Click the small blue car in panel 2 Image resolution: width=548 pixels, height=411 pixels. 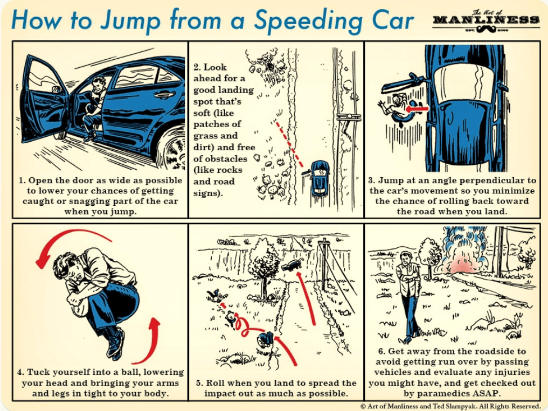point(319,177)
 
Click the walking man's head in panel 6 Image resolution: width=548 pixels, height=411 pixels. point(405,257)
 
